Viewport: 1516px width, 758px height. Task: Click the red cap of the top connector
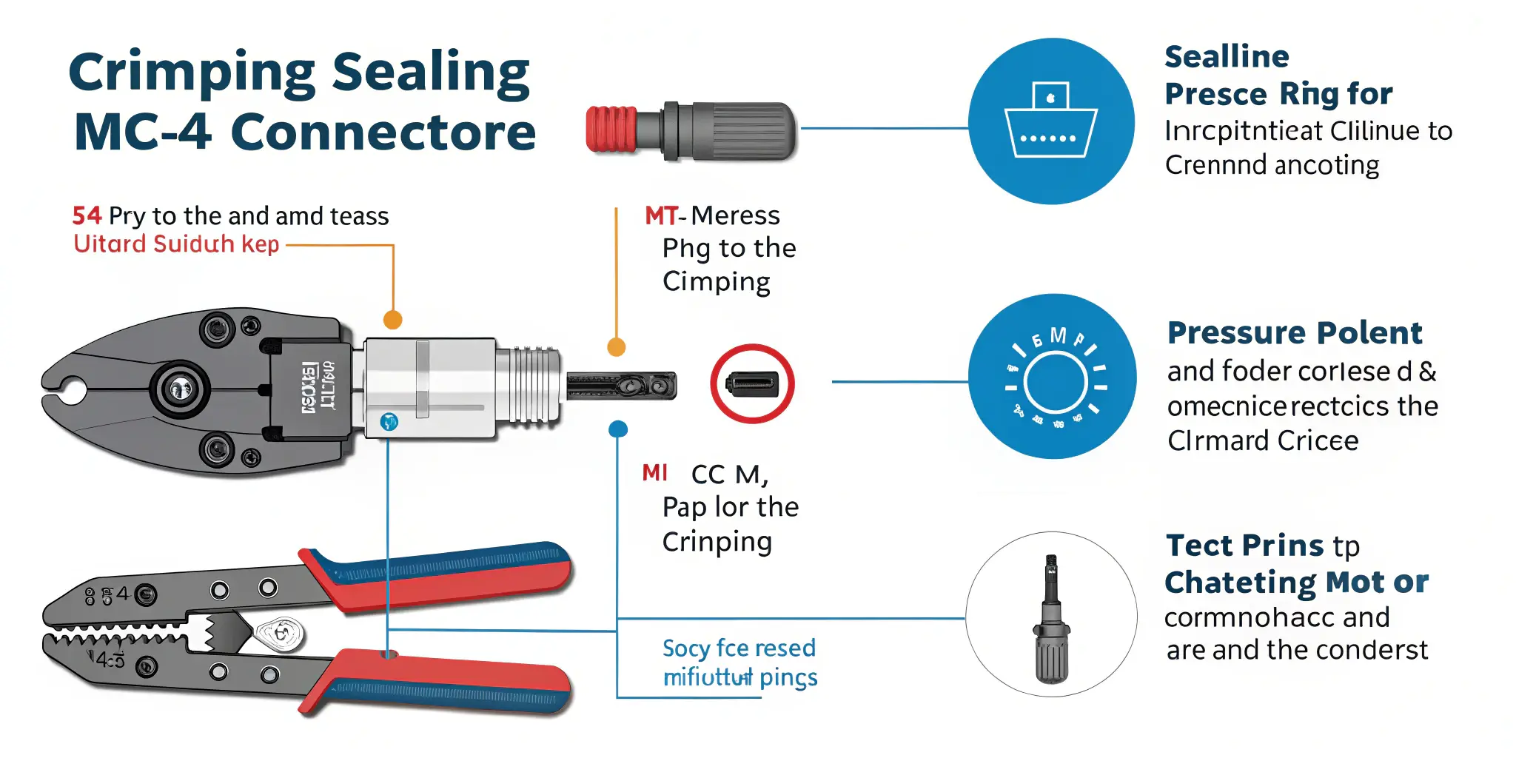click(611, 129)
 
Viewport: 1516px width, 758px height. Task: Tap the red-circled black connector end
click(752, 383)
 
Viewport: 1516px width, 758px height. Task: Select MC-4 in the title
click(142, 132)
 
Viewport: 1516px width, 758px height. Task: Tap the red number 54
click(87, 215)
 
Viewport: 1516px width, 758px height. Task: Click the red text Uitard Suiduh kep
click(176, 244)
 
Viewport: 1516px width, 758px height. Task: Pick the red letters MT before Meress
click(660, 215)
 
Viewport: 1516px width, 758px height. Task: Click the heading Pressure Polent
click(1295, 332)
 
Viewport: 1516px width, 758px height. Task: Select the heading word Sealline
click(1227, 56)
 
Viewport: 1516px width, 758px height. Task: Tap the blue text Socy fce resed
click(738, 648)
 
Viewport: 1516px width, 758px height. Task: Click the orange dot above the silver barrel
click(392, 320)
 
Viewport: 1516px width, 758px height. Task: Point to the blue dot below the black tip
click(618, 429)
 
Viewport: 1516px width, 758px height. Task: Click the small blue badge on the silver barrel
click(389, 422)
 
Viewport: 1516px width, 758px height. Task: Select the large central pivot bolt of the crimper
click(179, 388)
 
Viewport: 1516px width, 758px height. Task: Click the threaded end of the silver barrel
click(529, 385)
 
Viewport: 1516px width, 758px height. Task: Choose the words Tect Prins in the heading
click(1244, 546)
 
